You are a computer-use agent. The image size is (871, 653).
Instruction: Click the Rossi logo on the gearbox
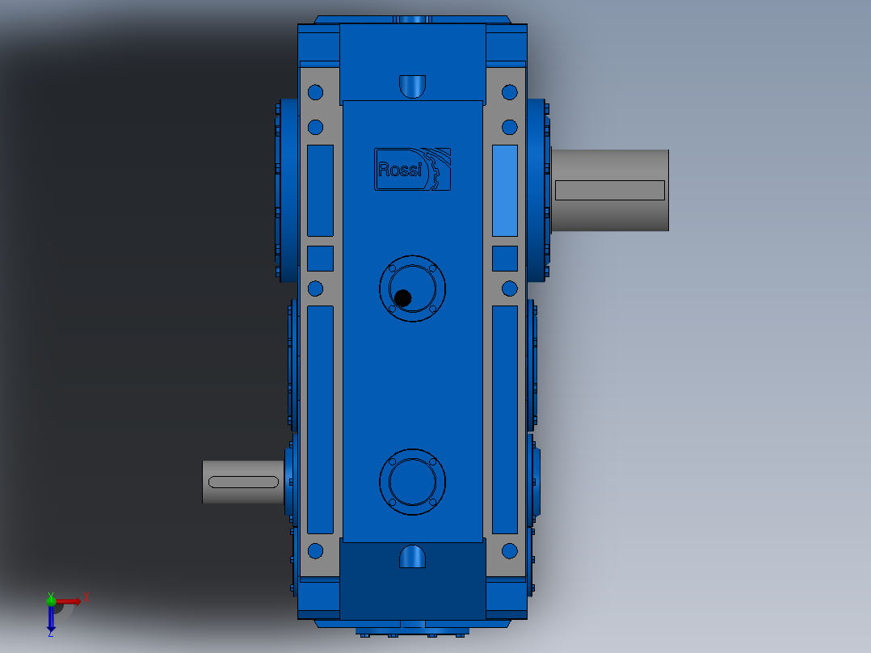tap(412, 169)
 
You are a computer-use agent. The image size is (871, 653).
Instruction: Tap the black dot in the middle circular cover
tap(402, 298)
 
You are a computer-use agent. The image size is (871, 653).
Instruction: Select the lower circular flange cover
tap(412, 482)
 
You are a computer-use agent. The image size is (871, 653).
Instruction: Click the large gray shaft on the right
tap(610, 190)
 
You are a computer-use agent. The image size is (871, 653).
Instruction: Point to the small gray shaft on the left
tap(243, 482)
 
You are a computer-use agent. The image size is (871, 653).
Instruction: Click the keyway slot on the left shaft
tap(243, 482)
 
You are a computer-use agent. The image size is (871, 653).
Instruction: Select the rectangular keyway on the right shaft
tap(610, 190)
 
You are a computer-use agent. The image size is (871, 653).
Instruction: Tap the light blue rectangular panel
tap(505, 191)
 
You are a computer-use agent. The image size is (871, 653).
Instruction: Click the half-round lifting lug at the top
tap(412, 86)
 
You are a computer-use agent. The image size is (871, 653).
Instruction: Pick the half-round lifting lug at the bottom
tap(412, 557)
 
